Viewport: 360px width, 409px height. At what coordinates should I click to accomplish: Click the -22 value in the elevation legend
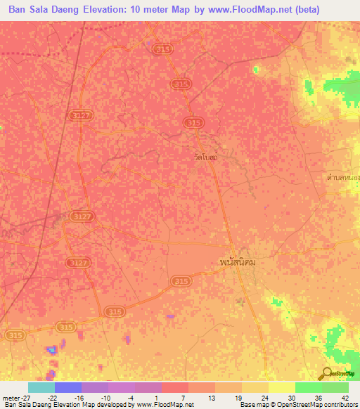(x=53, y=396)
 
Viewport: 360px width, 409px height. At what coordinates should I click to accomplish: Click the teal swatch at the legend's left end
(x=41, y=387)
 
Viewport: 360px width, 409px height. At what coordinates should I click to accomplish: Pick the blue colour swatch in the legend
(x=68, y=387)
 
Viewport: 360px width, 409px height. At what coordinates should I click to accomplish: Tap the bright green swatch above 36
(x=309, y=387)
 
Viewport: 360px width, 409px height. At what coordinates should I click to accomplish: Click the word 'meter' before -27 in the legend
(x=13, y=396)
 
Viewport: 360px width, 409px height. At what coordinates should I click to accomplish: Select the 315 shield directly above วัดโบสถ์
(x=193, y=122)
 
